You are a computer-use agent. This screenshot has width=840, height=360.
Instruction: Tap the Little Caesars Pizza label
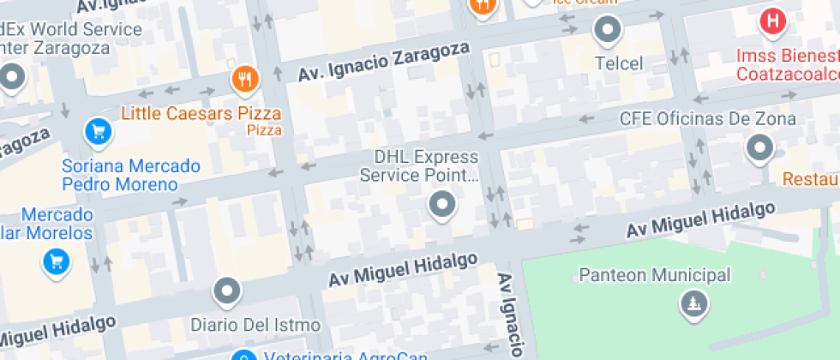pyautogui.click(x=201, y=113)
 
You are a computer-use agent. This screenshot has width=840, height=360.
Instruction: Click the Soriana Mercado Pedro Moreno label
pyautogui.click(x=130, y=175)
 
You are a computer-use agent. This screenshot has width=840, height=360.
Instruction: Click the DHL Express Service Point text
pyautogui.click(x=418, y=166)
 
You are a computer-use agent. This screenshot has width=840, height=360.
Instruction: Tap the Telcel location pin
pyautogui.click(x=608, y=30)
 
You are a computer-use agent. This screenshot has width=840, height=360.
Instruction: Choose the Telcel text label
pyautogui.click(x=619, y=63)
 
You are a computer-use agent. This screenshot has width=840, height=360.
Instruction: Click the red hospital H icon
pyautogui.click(x=772, y=21)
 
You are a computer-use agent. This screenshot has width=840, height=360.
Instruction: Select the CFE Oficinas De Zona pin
pyautogui.click(x=760, y=148)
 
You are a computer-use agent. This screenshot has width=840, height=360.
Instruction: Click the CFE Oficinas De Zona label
pyautogui.click(x=708, y=119)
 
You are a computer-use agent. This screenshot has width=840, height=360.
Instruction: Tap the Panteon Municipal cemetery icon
pyautogui.click(x=692, y=303)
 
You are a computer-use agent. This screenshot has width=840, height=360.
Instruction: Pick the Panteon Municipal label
pyautogui.click(x=655, y=275)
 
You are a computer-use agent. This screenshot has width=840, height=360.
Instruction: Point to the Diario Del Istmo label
pyautogui.click(x=255, y=326)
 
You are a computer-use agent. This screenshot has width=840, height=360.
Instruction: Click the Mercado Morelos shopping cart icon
pyautogui.click(x=57, y=261)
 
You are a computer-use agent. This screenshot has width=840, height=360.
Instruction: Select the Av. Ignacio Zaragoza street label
pyautogui.click(x=384, y=63)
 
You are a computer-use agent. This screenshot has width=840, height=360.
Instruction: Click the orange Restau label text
pyautogui.click(x=810, y=180)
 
